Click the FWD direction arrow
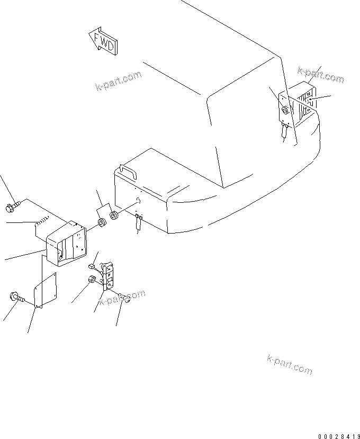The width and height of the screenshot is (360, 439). click(104, 42)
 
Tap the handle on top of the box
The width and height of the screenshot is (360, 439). click(127, 172)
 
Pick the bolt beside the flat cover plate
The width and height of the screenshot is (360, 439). click(15, 298)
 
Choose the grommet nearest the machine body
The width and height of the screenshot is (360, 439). click(114, 216)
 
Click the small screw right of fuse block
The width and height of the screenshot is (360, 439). click(126, 299)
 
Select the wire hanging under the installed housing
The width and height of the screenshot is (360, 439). click(286, 130)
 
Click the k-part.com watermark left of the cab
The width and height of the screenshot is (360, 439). click(119, 81)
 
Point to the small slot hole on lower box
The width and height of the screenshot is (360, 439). click(137, 200)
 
